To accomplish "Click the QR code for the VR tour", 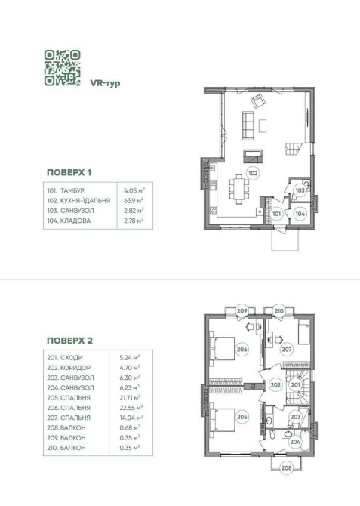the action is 62,67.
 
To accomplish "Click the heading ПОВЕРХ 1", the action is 69,172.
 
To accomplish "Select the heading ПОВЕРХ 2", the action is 69,341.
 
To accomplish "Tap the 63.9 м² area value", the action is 134,200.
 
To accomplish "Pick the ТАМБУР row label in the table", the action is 72,190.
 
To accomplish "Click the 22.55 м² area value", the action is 131,408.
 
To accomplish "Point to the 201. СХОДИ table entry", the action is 65,357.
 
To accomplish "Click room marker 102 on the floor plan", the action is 254,173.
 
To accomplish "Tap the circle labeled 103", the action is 300,190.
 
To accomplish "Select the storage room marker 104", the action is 300,213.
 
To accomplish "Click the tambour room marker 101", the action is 277,213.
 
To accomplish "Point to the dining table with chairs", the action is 239,189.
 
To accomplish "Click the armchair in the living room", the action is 258,101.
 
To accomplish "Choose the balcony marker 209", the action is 242,311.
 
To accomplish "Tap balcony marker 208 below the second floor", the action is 287,467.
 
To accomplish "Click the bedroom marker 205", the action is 242,417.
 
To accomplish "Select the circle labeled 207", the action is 287,349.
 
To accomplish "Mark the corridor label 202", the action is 275,384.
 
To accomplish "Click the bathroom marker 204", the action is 295,442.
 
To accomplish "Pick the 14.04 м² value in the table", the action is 131,418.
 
